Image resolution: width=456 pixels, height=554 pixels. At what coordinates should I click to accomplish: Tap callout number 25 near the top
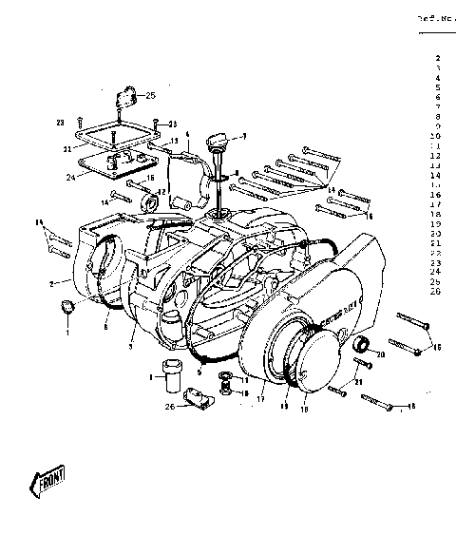pyautogui.click(x=150, y=95)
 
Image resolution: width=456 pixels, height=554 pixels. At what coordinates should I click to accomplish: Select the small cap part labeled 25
pyautogui.click(x=124, y=98)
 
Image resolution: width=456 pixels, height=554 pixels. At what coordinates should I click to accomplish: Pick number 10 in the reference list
pyautogui.click(x=435, y=136)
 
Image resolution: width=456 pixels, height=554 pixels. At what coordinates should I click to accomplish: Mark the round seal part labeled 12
pyautogui.click(x=150, y=202)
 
